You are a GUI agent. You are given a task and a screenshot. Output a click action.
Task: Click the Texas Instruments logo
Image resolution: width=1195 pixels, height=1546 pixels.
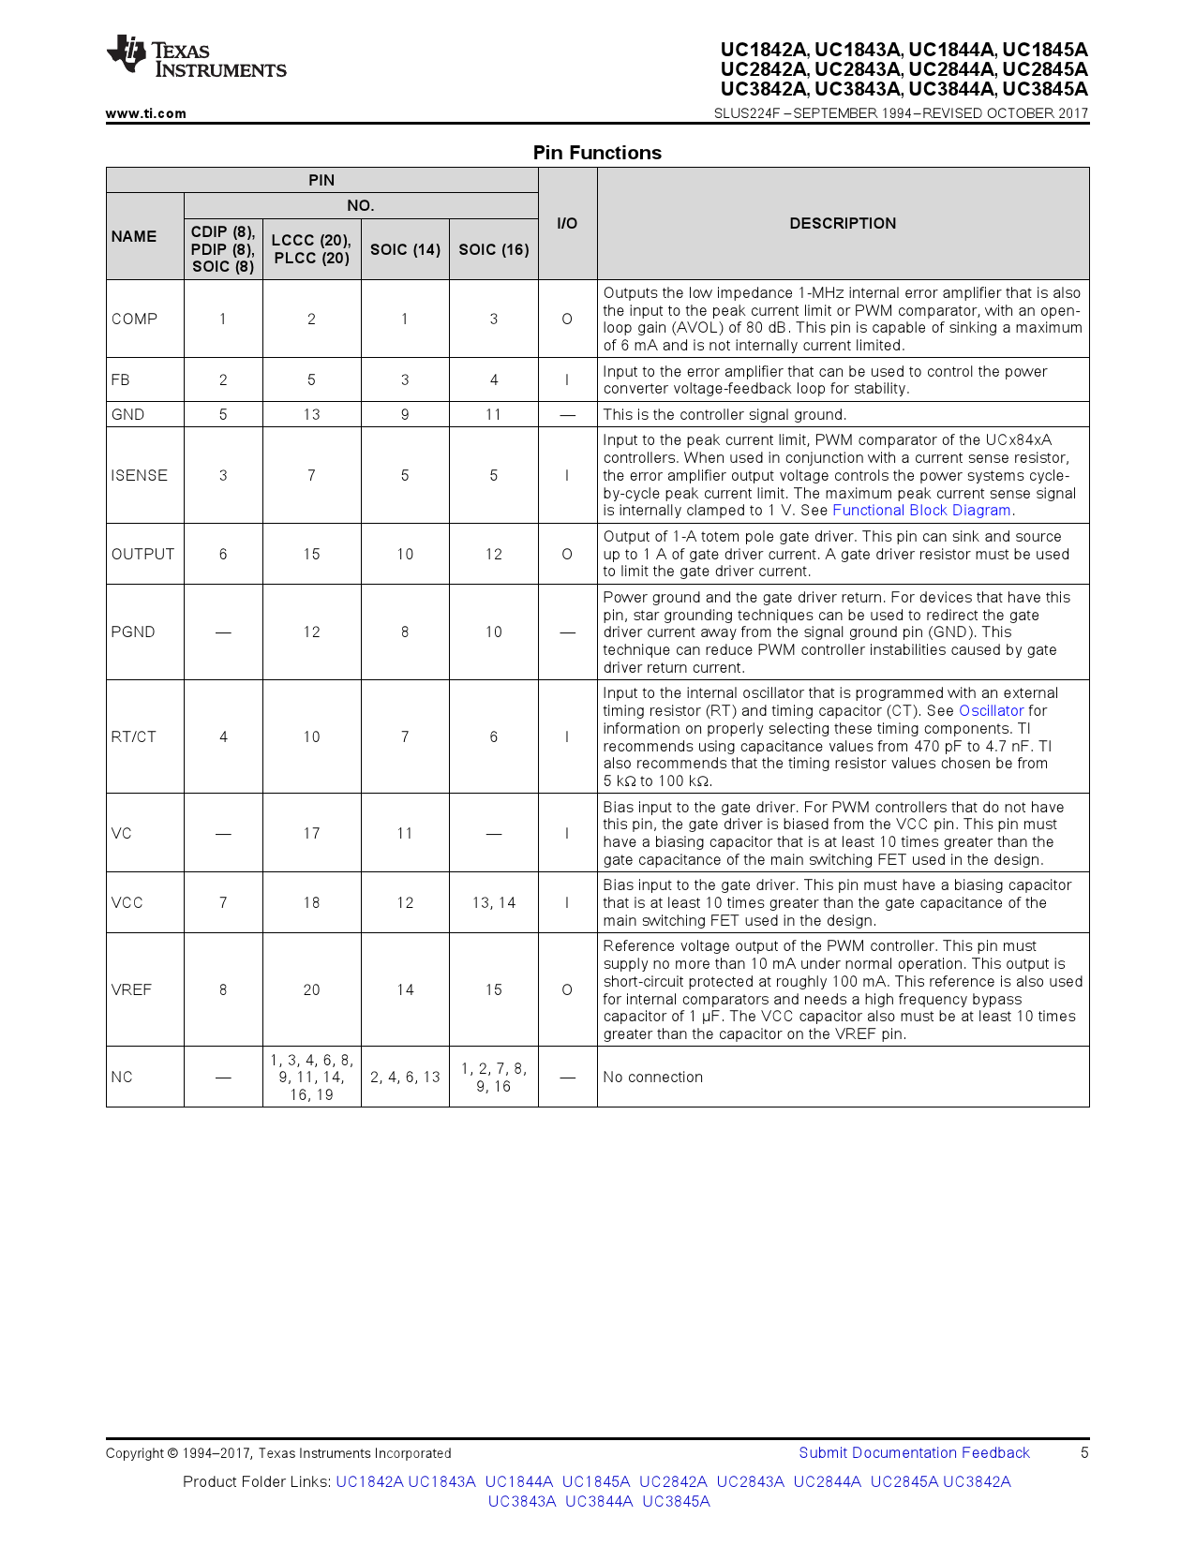(195, 58)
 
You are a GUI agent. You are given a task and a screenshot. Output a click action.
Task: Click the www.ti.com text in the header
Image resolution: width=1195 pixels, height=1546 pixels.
(145, 113)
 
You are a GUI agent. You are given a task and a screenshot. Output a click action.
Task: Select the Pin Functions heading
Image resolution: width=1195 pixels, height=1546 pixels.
(597, 153)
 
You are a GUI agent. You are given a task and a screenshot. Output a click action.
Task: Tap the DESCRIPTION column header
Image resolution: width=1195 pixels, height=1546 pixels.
(843, 223)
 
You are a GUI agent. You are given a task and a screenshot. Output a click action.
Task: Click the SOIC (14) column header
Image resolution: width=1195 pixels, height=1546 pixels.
(405, 249)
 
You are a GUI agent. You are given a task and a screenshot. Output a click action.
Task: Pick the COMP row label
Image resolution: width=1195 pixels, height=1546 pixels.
(134, 319)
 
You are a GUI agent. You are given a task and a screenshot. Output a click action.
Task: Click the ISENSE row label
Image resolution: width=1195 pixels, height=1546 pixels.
(139, 475)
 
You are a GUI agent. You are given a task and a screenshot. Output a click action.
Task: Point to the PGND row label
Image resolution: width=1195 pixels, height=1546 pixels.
(133, 632)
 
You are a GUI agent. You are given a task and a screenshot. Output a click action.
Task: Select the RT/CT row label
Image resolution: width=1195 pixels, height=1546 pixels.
(133, 736)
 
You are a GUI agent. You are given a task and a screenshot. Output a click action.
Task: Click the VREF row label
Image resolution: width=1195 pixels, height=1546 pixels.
(131, 989)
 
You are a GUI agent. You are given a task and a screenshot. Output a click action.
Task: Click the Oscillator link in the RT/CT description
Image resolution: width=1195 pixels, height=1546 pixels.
(991, 711)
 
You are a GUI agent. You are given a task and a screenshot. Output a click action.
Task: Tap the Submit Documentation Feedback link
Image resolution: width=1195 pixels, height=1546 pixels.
(914, 1452)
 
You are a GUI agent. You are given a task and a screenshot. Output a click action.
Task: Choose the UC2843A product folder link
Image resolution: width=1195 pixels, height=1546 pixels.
(750, 1481)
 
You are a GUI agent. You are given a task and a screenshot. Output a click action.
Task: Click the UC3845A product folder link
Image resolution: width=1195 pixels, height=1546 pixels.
(676, 1501)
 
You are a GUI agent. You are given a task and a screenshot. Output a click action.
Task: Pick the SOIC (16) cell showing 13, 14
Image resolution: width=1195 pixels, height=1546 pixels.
(494, 902)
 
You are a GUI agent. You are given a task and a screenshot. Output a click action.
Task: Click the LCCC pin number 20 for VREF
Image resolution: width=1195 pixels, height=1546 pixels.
(311, 989)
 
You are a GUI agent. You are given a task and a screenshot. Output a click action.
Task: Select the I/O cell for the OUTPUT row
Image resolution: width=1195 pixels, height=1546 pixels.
(567, 554)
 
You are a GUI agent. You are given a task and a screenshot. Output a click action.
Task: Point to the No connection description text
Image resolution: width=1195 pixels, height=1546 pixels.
(652, 1077)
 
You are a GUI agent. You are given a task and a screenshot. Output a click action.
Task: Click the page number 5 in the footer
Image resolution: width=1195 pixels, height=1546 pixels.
(1084, 1452)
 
